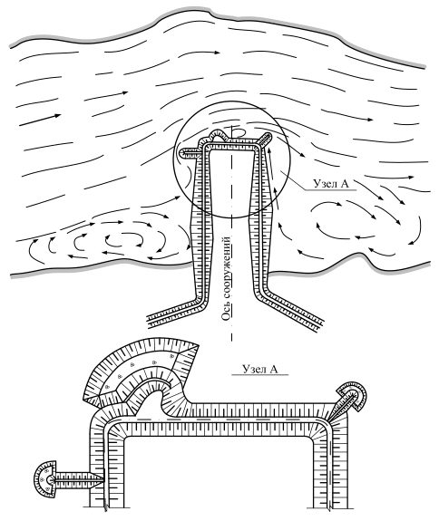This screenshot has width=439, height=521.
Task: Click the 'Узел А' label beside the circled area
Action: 330,184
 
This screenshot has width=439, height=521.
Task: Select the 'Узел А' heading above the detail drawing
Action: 259,369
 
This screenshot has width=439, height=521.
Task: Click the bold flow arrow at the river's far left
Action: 40,120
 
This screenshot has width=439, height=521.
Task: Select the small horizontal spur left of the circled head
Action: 190,152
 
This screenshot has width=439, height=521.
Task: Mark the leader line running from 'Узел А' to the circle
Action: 293,180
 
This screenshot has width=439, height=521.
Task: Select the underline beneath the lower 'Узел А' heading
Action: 259,375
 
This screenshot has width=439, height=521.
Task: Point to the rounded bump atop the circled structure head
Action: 218,134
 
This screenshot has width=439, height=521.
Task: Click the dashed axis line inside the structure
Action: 232,233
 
